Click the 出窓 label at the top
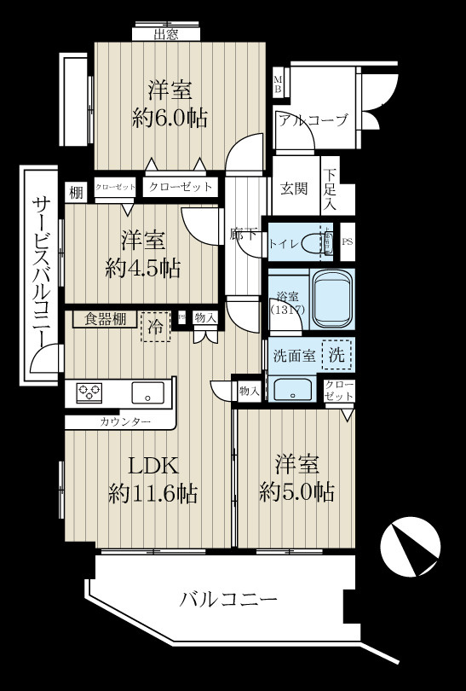pos(167,35)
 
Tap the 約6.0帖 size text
pos(170,117)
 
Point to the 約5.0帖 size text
pos(296,491)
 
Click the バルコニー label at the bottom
pos(228,600)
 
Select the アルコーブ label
pos(313,120)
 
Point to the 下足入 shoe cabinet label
pos(331,189)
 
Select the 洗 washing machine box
pos(338,357)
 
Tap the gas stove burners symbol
pos(89,393)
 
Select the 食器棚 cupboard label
pos(106,320)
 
